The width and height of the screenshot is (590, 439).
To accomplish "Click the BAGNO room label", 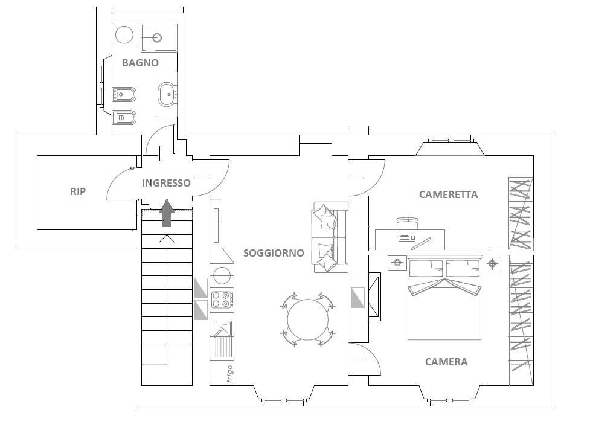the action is [140, 63].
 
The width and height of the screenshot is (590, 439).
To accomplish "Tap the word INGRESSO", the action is [166, 183].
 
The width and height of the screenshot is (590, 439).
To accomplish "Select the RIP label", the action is [78, 191].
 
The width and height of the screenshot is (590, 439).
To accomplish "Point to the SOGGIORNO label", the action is [274, 253].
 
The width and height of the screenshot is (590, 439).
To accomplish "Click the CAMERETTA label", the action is [449, 194].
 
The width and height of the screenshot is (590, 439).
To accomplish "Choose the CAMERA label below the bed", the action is [446, 362].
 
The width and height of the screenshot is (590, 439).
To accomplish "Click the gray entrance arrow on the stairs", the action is [167, 213].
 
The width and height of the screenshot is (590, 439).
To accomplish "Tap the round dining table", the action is [308, 320].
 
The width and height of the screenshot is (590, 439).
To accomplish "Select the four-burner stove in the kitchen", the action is [222, 300].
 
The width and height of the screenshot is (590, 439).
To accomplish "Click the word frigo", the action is [229, 374].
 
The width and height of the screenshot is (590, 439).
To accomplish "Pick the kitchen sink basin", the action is [222, 328].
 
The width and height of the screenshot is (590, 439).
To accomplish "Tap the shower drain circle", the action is [157, 37].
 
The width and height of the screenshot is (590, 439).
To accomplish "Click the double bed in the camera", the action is [444, 298].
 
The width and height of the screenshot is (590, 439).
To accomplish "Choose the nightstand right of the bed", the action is [492, 263].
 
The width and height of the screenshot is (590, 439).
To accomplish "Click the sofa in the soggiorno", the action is [330, 237].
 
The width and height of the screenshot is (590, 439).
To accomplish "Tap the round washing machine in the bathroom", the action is [124, 36].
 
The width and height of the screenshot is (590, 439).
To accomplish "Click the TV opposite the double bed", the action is [375, 297].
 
